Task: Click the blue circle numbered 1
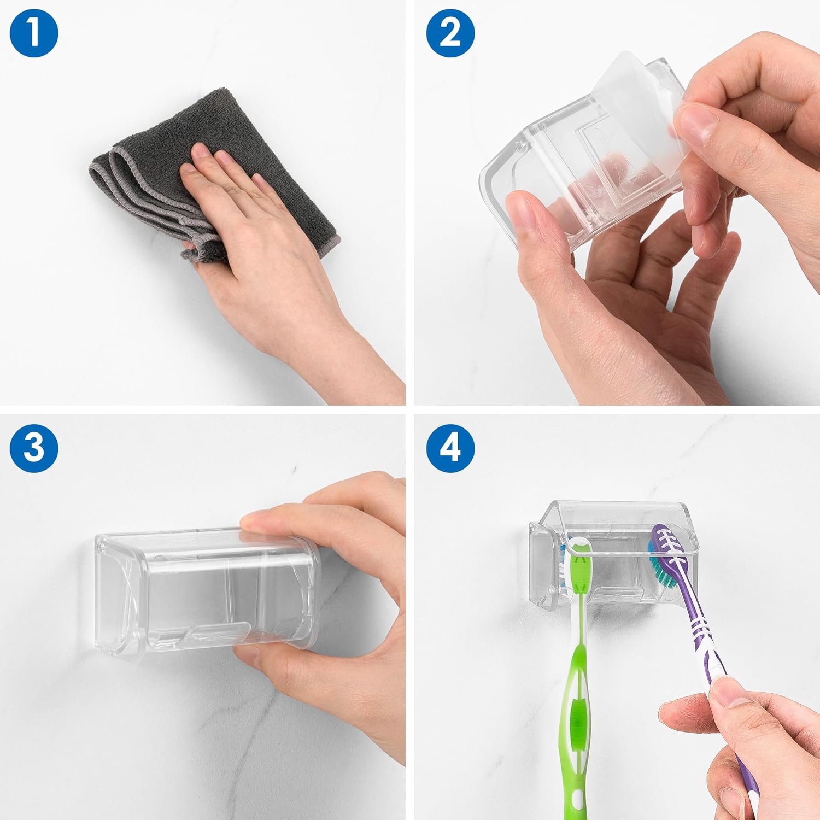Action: tap(34, 33)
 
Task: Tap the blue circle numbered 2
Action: tap(450, 33)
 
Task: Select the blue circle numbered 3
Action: tap(34, 447)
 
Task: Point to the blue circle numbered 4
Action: tap(450, 447)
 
